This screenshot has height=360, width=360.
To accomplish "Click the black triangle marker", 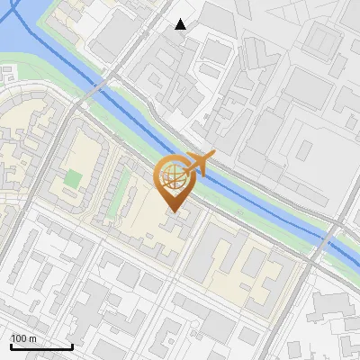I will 181,24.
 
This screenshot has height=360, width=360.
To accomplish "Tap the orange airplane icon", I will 197,164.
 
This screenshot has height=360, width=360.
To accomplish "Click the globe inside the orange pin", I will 172,177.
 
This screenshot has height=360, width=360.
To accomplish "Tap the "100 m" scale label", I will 23,338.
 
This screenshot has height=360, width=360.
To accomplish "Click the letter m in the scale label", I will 32,338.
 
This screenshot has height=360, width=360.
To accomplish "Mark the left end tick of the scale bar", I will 10,346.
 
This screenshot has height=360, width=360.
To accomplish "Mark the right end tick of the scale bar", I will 72,346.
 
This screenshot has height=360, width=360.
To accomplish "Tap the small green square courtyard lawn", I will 73,177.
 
